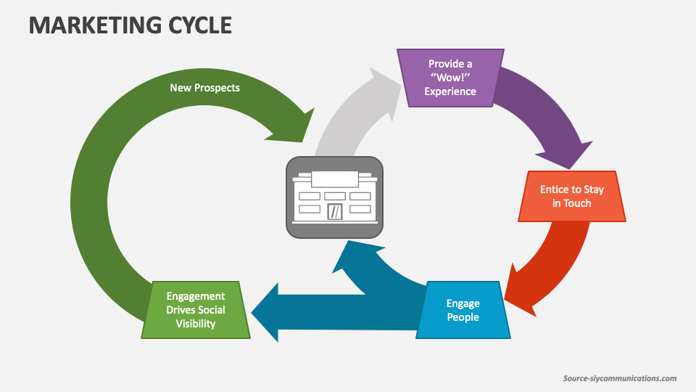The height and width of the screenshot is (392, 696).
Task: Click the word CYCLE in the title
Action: click(202, 25)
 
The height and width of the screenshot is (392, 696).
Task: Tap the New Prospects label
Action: click(204, 88)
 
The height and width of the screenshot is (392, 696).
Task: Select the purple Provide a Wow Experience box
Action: click(449, 78)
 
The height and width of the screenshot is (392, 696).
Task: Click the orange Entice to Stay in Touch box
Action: click(571, 197)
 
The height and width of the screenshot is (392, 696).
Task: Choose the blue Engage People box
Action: click(463, 310)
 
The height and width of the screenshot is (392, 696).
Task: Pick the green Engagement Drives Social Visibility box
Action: click(196, 310)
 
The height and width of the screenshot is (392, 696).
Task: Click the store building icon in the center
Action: click(334, 197)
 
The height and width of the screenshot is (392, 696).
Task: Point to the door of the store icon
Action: click(335, 211)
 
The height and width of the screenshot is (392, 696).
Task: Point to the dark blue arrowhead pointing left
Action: click(265, 311)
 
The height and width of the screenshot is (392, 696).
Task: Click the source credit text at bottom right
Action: click(620, 378)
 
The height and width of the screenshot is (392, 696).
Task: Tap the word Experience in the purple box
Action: click(450, 91)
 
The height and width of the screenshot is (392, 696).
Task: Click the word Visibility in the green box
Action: click(196, 324)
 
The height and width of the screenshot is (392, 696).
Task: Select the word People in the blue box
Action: click(463, 317)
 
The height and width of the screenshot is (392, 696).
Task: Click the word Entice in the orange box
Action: click(555, 189)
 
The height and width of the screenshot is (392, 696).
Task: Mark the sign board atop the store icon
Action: click(334, 179)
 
